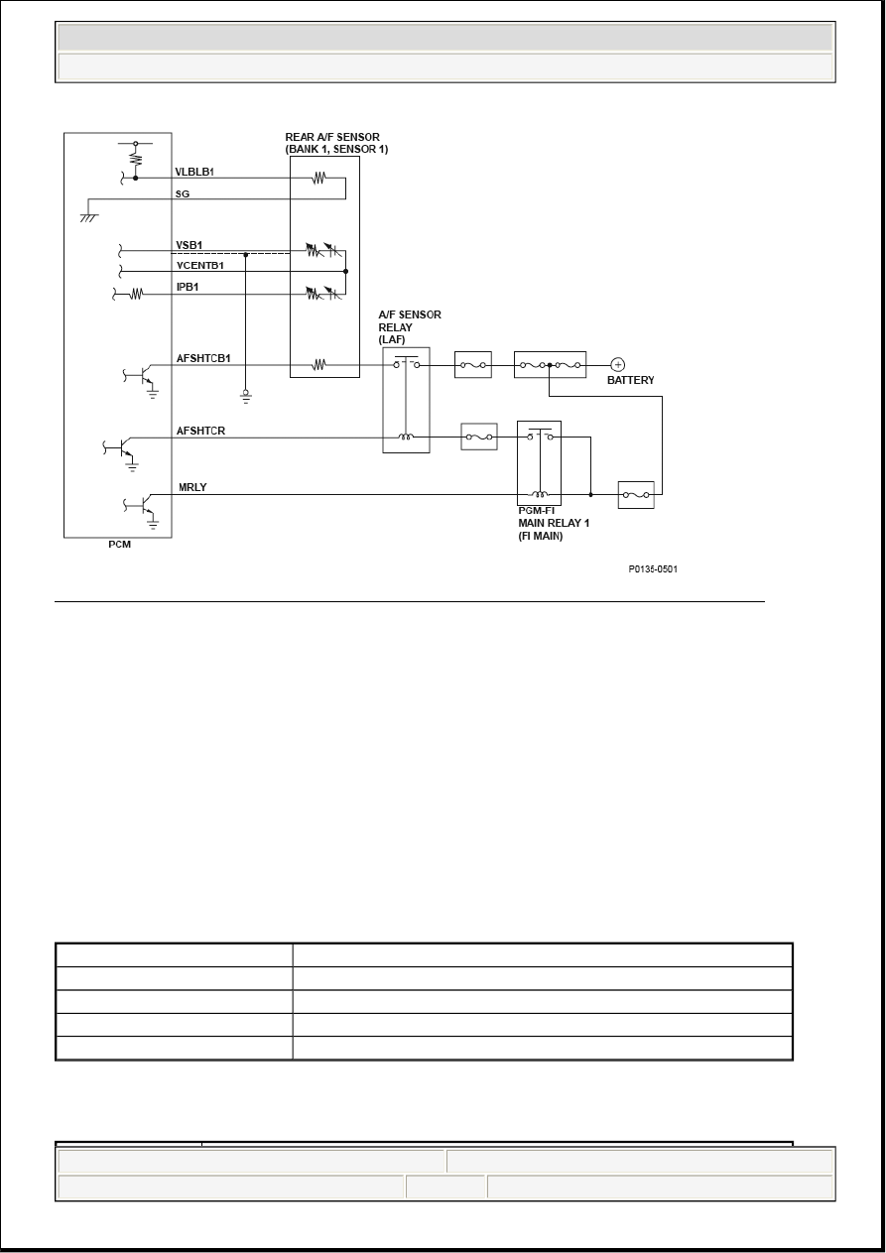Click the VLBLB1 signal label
point(194,172)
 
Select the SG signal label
point(183,194)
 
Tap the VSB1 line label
point(190,245)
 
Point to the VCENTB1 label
point(200,266)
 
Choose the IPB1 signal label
point(188,287)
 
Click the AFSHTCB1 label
point(203,358)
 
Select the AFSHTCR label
point(200,431)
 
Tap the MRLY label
point(192,487)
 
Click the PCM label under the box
point(120,545)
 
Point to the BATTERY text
point(630,380)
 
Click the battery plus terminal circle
point(617,365)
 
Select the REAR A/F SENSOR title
point(336,143)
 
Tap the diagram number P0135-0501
point(653,568)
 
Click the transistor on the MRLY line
point(143,505)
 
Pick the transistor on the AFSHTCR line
point(123,447)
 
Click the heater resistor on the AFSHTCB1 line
point(318,365)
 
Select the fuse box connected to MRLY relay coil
point(636,495)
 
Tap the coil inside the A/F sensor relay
point(406,437)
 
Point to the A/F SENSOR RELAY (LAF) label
point(410,327)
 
